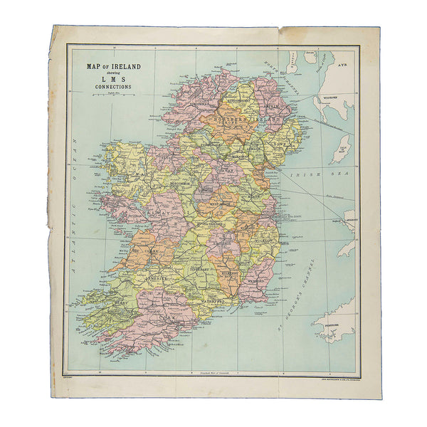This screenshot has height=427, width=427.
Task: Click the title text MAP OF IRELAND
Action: point(113,67)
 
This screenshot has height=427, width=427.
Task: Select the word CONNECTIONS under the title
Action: point(113,88)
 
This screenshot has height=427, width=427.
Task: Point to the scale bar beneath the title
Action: point(113,95)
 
